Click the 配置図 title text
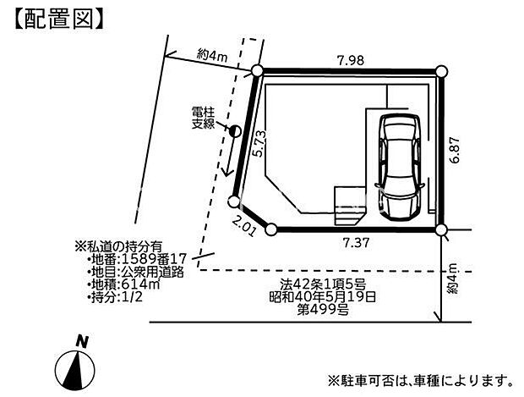(59, 19)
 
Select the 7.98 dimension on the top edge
(350, 61)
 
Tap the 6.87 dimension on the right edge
(455, 150)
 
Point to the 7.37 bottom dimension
(357, 242)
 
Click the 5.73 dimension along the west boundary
(259, 144)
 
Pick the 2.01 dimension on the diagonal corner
(244, 226)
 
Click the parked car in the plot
(400, 167)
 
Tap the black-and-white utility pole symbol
(235, 131)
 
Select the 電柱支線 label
(203, 118)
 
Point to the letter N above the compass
(81, 342)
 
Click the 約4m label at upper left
(212, 55)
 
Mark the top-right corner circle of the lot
(441, 71)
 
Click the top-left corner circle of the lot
(257, 71)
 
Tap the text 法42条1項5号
(323, 284)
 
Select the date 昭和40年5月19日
(323, 297)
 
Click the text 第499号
(323, 310)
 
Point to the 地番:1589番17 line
(136, 259)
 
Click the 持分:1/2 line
(115, 297)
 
